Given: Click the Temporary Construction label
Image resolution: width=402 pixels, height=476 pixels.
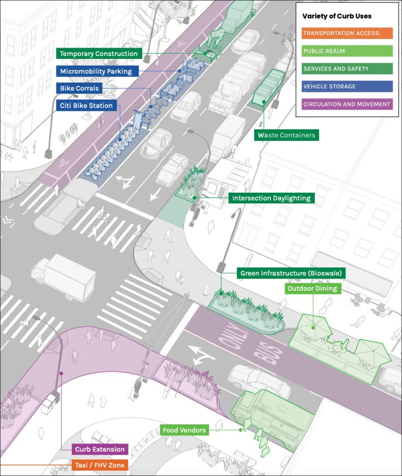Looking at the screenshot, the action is tap(99, 54).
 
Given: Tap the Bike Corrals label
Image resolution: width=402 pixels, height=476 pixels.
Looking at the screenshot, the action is tap(79, 88).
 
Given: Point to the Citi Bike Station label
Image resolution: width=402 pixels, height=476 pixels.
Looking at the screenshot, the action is tap(86, 105).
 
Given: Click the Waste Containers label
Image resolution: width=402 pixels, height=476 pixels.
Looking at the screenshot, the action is tap(286, 135).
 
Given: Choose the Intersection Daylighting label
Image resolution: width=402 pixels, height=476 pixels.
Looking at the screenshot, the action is tap(271, 198).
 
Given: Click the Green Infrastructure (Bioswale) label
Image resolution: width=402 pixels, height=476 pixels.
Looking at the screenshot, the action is tap(291, 273).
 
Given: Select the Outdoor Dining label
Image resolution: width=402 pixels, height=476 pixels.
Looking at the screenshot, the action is tap(312, 288).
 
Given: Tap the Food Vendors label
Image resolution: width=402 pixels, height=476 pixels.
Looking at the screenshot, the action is tap(184, 430).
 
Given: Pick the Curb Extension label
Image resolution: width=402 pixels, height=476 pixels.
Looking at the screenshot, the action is tap(100, 449).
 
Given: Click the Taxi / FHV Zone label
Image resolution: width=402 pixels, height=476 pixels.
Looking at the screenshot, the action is tap(100, 465).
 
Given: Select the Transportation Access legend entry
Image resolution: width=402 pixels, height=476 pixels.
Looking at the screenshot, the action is tap(347, 33).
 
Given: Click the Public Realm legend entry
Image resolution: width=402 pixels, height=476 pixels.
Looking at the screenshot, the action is tap(347, 51).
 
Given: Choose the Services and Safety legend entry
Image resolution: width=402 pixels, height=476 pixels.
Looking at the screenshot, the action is tap(347, 69).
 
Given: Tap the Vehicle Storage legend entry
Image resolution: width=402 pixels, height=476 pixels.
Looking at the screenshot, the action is tap(347, 86).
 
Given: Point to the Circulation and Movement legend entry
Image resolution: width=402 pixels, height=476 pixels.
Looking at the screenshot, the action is tap(347, 104).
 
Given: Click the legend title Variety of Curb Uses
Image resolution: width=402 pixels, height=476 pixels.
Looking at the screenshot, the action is tap(337, 16).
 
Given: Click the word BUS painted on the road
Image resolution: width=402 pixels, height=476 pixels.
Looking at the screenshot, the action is tap(267, 353).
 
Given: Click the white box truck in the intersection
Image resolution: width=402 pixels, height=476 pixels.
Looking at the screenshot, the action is tap(63, 277).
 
